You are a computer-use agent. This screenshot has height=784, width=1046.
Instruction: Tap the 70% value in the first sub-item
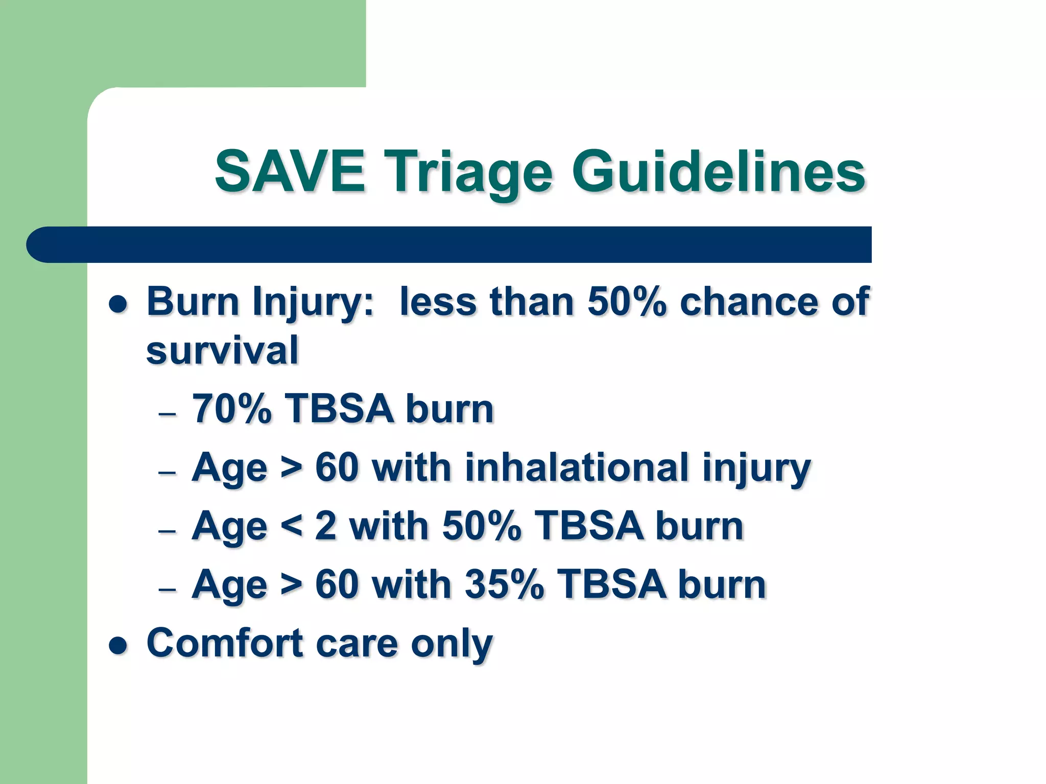231,409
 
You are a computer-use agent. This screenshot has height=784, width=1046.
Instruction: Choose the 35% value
504,584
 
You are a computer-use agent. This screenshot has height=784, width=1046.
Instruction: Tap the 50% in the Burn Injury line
627,302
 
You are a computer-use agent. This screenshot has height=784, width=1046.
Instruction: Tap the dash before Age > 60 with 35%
167,589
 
